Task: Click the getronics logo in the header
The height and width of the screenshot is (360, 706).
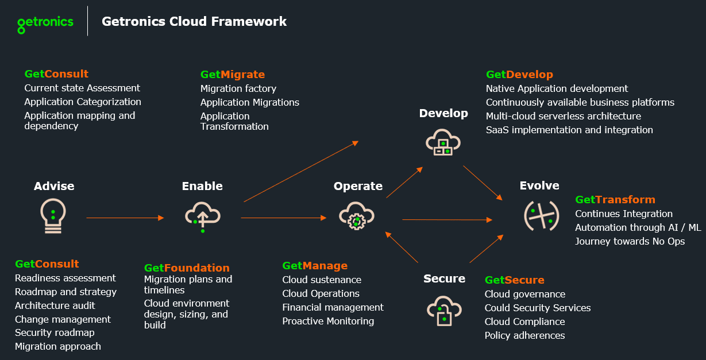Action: [x=45, y=23]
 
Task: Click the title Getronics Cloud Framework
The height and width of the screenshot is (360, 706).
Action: [x=194, y=22]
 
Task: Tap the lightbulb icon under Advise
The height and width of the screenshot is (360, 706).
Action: [x=52, y=216]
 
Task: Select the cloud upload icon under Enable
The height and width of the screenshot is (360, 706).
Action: [x=202, y=216]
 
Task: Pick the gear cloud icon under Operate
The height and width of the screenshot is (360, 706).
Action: [x=356, y=216]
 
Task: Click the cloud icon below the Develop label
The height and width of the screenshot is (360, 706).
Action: [x=442, y=141]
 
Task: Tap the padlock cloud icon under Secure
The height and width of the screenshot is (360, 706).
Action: [x=443, y=311]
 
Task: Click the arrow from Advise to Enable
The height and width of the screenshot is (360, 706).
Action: [x=125, y=218]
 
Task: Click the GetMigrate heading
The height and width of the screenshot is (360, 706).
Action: [x=233, y=75]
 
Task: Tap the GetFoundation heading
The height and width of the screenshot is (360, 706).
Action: [x=187, y=268]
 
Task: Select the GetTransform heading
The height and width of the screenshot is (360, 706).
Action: [x=615, y=200]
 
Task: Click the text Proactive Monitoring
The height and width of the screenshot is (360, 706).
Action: [x=328, y=321]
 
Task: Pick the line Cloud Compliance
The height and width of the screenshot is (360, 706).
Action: [x=524, y=322]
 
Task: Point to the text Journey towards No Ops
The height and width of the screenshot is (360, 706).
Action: [x=630, y=241]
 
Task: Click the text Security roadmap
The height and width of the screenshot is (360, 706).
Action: [x=55, y=332]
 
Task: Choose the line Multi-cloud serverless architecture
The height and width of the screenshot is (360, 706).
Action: [x=563, y=116]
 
